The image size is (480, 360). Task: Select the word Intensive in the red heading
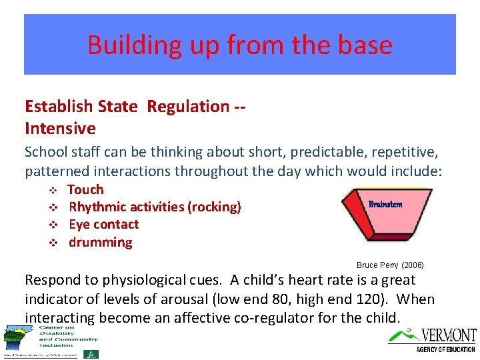60,128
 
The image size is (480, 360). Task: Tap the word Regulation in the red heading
188,106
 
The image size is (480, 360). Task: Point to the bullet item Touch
86,189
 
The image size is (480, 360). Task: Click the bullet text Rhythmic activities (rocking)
155,207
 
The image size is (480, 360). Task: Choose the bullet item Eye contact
104,225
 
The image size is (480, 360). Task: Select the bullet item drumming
101,242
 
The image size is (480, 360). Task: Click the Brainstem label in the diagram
385,204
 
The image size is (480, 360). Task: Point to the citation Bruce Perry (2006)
390,265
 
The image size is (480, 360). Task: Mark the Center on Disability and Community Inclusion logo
50,341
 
